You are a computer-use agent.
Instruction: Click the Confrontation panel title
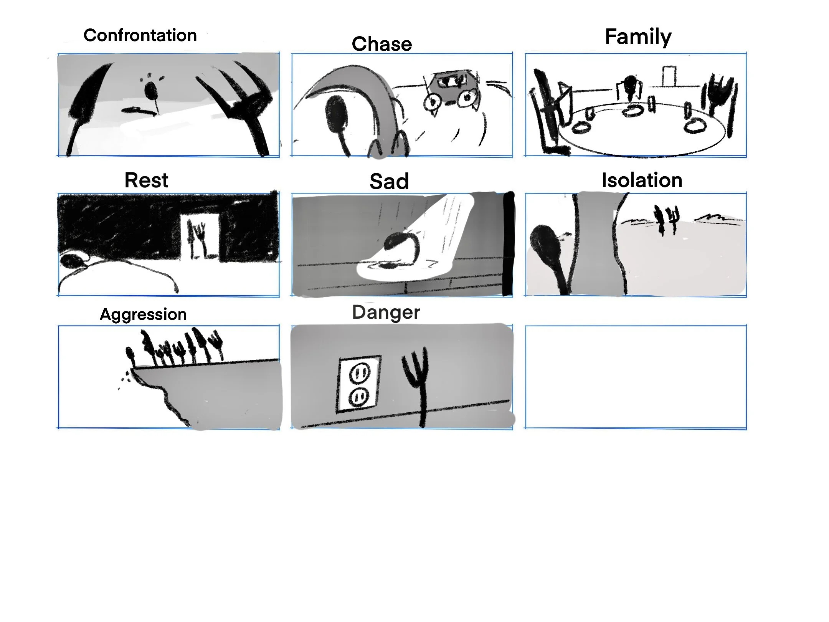pyautogui.click(x=140, y=35)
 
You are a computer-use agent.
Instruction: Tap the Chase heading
pyautogui.click(x=382, y=44)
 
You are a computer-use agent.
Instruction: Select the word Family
pyautogui.click(x=638, y=37)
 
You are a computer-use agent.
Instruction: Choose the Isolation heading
pyautogui.click(x=642, y=180)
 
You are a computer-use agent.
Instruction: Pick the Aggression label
pyautogui.click(x=143, y=314)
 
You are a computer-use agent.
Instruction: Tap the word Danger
pyautogui.click(x=386, y=313)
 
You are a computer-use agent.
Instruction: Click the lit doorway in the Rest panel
pyautogui.click(x=200, y=236)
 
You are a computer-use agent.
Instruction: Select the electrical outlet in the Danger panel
pyautogui.click(x=358, y=385)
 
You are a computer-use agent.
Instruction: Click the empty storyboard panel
pyautogui.click(x=636, y=377)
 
